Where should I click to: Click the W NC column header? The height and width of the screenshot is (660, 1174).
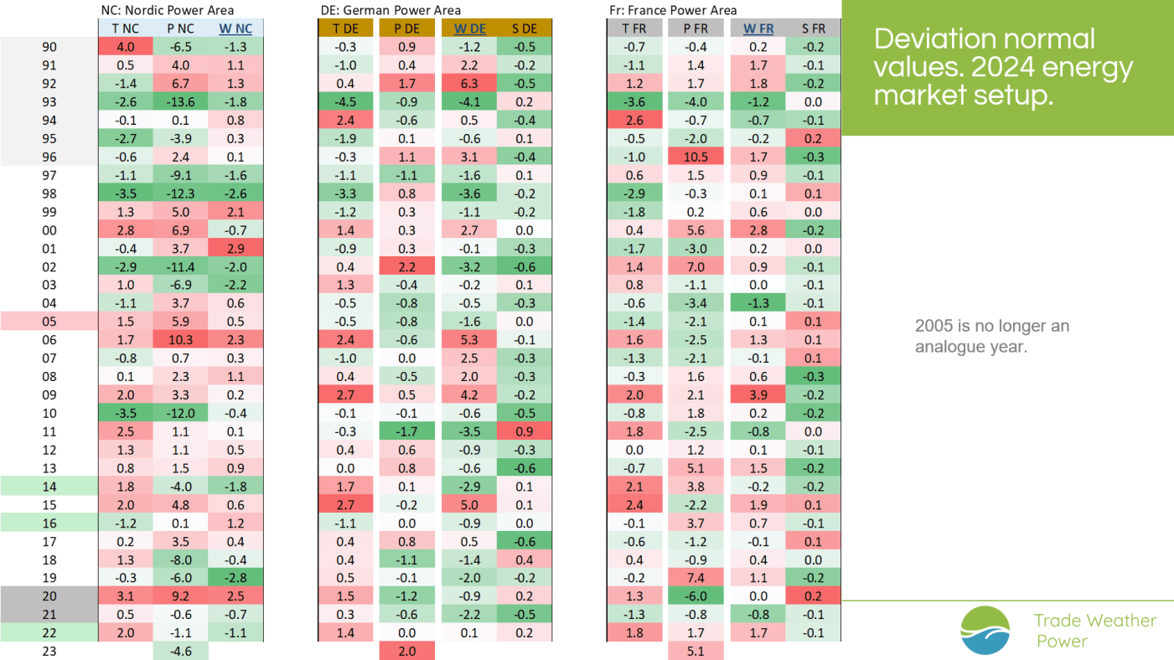[235, 28]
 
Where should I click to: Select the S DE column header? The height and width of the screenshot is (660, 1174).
[524, 28]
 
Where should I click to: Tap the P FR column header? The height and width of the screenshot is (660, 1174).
[696, 28]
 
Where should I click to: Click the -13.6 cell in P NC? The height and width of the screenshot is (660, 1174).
[180, 101]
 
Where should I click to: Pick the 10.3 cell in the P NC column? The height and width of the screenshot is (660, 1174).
[180, 340]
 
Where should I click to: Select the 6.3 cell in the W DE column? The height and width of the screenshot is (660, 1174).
[469, 83]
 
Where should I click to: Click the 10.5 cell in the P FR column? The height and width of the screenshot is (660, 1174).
[696, 157]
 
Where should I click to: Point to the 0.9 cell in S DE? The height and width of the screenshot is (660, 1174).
[524, 431]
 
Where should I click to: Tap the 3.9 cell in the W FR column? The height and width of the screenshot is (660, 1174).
[758, 395]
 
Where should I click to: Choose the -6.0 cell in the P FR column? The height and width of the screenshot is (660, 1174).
[696, 596]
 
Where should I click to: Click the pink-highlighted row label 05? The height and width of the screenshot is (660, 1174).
[49, 321]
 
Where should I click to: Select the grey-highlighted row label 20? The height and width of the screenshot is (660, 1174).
[49, 596]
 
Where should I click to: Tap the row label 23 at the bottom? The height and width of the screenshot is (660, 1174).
[49, 651]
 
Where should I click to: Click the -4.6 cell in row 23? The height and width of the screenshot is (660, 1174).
[180, 651]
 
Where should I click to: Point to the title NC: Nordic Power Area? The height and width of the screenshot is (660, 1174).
[168, 10]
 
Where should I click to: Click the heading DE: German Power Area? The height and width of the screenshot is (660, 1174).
[391, 10]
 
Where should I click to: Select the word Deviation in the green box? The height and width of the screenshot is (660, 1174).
[937, 39]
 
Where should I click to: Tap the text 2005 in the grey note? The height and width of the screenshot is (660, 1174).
[934, 326]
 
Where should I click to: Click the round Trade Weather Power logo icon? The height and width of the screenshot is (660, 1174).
[985, 630]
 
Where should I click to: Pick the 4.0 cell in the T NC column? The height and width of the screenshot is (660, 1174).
[125, 47]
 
